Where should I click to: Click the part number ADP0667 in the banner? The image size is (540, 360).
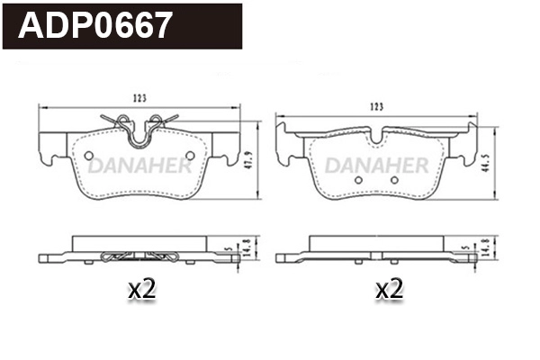[x=95, y=26]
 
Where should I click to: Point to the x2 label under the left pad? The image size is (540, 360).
[x=143, y=290]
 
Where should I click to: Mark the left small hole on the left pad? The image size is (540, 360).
[x=88, y=156]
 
